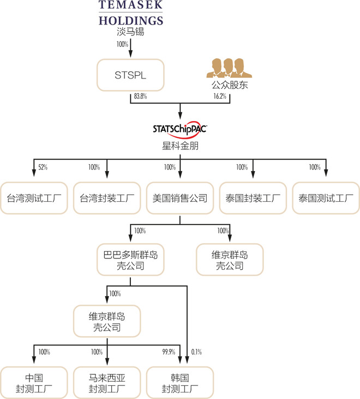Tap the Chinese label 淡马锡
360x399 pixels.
(131, 32)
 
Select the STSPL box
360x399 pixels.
(130, 75)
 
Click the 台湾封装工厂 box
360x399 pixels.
(107, 198)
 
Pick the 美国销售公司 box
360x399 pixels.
(180, 198)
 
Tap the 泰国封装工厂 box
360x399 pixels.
(253, 198)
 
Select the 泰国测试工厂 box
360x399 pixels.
(326, 198)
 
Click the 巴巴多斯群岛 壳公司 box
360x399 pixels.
(130, 260)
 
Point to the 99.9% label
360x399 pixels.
(169, 352)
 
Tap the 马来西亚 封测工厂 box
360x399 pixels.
(107, 383)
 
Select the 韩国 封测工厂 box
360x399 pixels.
(180, 383)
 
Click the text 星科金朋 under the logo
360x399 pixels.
(180, 146)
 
